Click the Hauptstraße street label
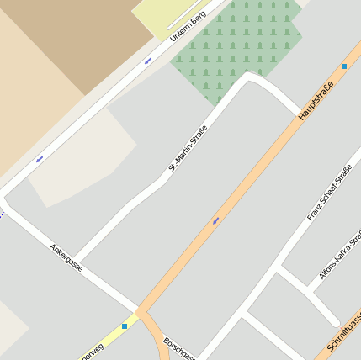316,99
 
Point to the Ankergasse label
66,257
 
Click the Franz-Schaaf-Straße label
329,194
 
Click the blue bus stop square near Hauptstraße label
343,66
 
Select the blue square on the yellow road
125,326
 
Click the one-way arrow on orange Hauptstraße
216,220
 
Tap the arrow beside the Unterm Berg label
148,60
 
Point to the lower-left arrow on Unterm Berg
39,158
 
